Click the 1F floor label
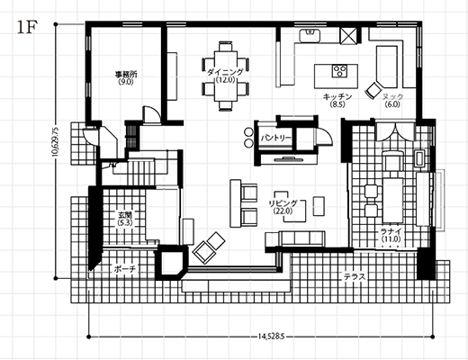(27, 28)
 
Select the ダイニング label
(225, 72)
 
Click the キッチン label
(337, 96)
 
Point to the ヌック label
(392, 96)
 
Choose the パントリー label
(275, 138)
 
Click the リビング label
(283, 203)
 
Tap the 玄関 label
(125, 215)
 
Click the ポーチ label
(125, 269)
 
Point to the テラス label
(355, 276)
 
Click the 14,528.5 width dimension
(271, 337)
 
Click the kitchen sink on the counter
(310, 35)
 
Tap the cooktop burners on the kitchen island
(339, 71)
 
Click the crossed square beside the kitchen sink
(348, 36)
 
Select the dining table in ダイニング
(226, 76)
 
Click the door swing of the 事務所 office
(151, 114)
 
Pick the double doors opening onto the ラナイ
(395, 130)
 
